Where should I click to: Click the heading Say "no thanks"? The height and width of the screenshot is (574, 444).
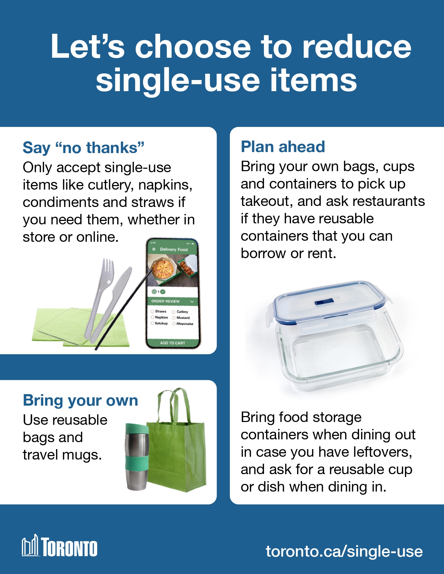[84, 148]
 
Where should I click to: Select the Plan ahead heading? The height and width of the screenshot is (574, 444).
[283, 146]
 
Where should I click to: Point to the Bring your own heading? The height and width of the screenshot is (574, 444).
[81, 400]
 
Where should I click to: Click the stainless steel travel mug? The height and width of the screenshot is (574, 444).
[137, 457]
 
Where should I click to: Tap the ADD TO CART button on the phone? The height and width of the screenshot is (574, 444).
[172, 343]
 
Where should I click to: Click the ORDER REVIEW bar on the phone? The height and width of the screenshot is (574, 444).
[172, 301]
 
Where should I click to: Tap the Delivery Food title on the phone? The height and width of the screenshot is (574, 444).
[174, 249]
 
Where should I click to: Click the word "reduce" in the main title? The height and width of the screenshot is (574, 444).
[357, 47]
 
